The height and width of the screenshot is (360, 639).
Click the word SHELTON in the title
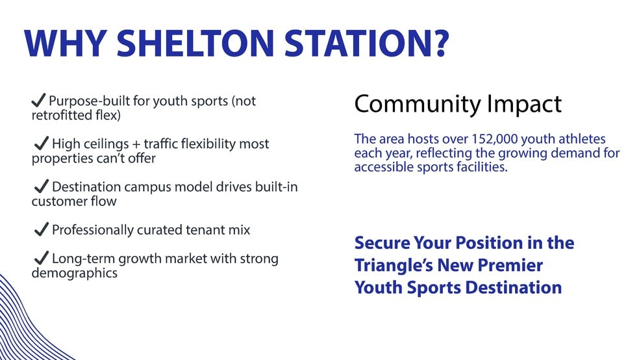coord(195,44)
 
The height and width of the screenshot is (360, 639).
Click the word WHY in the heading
coord(65,44)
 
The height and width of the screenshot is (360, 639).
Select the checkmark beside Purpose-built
coord(38,100)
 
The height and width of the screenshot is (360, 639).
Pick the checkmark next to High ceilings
coord(42,143)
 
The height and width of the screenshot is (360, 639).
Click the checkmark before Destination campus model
coord(42,186)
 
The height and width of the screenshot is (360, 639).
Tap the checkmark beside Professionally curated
coord(42,229)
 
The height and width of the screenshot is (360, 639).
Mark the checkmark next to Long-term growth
coord(42,258)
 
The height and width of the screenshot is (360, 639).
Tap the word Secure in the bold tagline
coord(382,243)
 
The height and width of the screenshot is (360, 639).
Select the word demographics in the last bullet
coord(75,273)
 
